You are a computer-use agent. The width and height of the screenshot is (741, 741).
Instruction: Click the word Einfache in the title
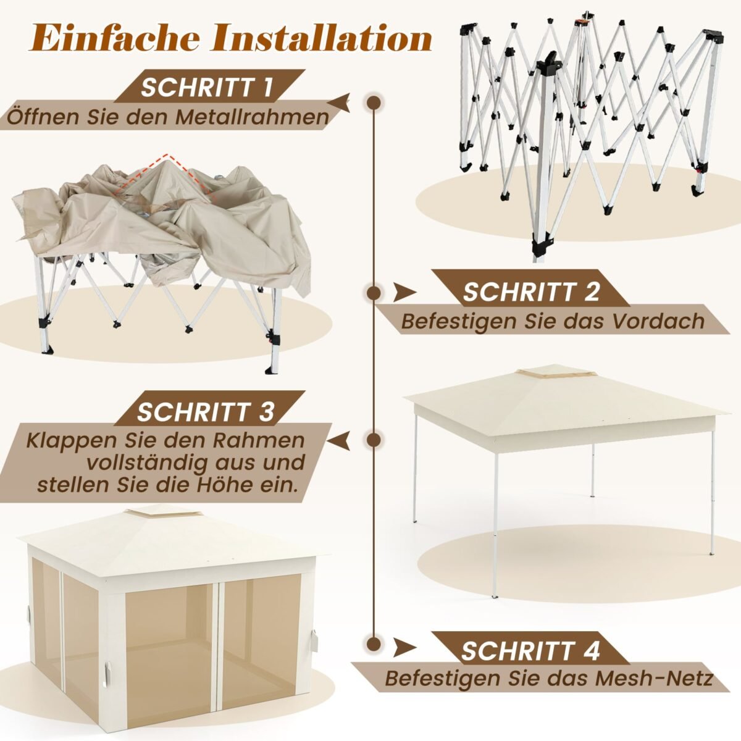click(115, 38)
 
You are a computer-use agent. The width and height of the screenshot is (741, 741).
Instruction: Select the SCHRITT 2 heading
click(531, 291)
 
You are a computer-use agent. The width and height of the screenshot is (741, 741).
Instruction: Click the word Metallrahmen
click(253, 117)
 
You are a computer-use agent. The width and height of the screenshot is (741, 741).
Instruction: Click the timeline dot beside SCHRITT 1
click(374, 103)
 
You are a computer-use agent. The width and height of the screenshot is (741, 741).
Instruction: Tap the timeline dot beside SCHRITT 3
click(374, 440)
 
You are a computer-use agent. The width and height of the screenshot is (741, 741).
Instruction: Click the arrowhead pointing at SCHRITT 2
click(404, 293)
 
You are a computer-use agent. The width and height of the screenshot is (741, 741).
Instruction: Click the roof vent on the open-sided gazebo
click(557, 372)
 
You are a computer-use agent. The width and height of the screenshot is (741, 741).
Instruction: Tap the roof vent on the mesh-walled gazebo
click(164, 513)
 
